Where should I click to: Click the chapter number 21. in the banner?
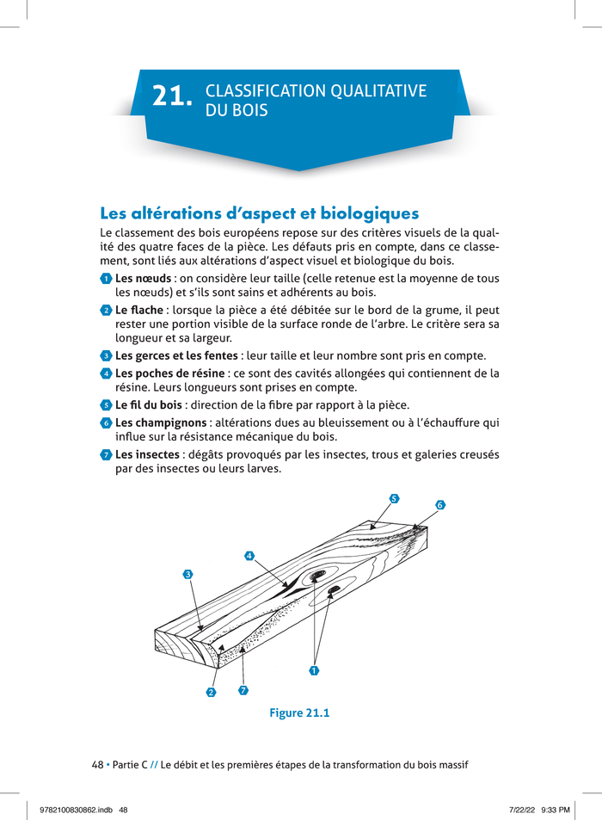pyautogui.click(x=172, y=97)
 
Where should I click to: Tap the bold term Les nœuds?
pyautogui.click(x=143, y=279)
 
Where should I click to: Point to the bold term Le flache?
pyautogui.click(x=140, y=310)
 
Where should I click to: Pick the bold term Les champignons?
pyautogui.click(x=161, y=422)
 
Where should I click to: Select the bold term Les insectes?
pyautogui.click(x=148, y=453)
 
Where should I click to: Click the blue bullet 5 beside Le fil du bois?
pyautogui.click(x=106, y=405)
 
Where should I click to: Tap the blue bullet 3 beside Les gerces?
pyautogui.click(x=106, y=356)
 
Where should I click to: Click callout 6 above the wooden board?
pyautogui.click(x=439, y=505)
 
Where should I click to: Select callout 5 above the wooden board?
pyautogui.click(x=393, y=498)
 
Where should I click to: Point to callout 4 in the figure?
pyautogui.click(x=249, y=555)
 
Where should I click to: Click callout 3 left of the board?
pyautogui.click(x=187, y=573)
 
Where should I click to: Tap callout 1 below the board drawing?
pyautogui.click(x=314, y=669)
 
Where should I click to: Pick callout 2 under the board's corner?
pyautogui.click(x=211, y=693)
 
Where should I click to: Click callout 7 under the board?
pyautogui.click(x=243, y=690)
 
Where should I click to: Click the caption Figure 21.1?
pyautogui.click(x=299, y=712)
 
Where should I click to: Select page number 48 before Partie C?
pyautogui.click(x=97, y=765)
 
